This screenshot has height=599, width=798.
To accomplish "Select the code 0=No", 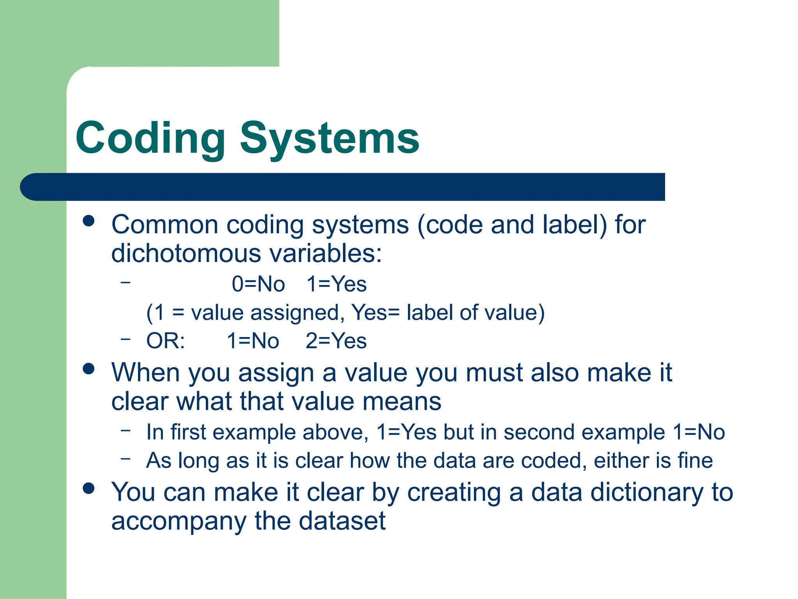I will point(258,284).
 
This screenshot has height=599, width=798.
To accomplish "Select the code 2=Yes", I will point(336,341).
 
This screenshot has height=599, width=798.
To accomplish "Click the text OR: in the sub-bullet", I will point(166,341).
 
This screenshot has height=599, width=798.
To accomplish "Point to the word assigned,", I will point(298,313).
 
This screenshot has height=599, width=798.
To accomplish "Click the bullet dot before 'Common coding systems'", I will point(89,221).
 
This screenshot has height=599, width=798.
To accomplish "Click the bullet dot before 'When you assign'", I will point(89,369).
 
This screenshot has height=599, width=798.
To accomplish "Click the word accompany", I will point(179,522).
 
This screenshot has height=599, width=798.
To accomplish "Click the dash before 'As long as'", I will point(125,459).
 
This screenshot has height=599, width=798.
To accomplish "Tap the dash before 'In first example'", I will point(125,430).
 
